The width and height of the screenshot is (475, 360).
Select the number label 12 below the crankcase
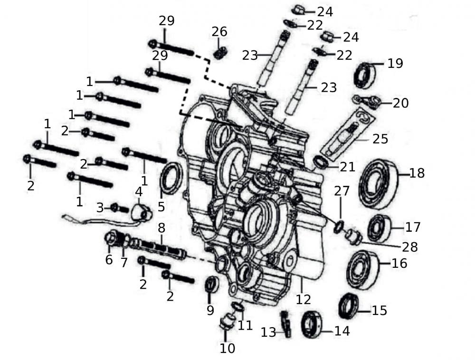point(303,299)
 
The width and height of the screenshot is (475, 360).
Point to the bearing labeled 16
point(362,269)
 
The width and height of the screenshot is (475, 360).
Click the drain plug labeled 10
point(226,323)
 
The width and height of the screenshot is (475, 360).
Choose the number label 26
point(219,32)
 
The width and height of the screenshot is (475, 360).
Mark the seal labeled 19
point(365,75)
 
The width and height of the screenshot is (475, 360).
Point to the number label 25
point(380,139)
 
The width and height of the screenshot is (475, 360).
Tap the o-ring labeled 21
point(321,162)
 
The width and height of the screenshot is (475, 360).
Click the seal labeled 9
point(211,284)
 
